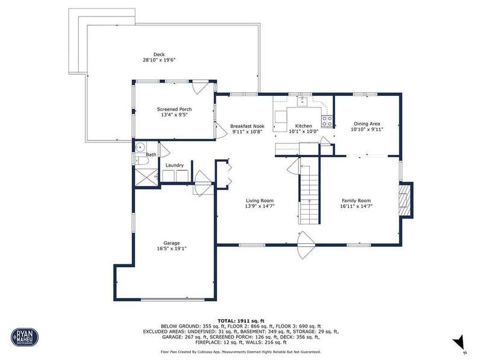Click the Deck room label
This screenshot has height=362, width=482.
click(x=159, y=54)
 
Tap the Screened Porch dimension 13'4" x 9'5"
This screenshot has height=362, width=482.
click(x=174, y=115)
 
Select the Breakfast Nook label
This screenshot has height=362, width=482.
click(x=247, y=126)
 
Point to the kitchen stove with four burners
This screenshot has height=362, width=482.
click(x=327, y=121)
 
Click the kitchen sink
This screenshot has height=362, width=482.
click(x=302, y=101)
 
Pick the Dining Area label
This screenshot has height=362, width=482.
click(x=367, y=124)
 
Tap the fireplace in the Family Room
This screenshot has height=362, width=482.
click(x=405, y=200)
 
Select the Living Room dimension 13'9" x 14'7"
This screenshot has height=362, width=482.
click(x=260, y=206)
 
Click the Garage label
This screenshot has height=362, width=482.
click(x=172, y=243)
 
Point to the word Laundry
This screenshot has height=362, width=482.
click(x=175, y=165)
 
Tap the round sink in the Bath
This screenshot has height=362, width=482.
click(x=140, y=147)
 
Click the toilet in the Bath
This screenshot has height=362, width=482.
click(x=141, y=160)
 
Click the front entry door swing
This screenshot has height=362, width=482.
click(x=306, y=245)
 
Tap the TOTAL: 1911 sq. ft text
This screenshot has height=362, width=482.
click(x=240, y=321)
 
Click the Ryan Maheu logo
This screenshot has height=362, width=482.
click(x=25, y=337)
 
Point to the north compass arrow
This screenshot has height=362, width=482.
click(x=460, y=343)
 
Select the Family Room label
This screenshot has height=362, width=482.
click(x=356, y=201)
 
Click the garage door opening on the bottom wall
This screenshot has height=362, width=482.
click(x=173, y=299)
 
